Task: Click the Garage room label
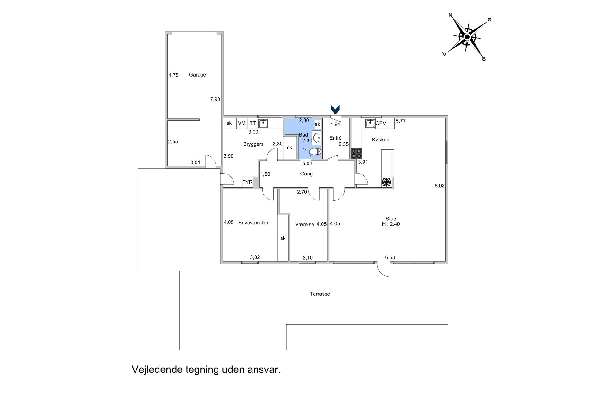197,75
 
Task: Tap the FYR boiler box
247,182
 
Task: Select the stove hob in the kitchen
356,154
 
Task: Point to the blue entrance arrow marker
335,110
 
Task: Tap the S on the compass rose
484,59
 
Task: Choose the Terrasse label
320,294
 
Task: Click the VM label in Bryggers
242,123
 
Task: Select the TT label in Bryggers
252,123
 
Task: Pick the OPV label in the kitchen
381,123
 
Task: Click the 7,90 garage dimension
215,99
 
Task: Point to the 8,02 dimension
440,185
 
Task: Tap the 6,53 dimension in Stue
390,258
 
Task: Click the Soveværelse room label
253,223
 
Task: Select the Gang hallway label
306,174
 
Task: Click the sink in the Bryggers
263,124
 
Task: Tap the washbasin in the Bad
317,138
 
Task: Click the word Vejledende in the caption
157,370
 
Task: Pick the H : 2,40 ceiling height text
391,224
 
